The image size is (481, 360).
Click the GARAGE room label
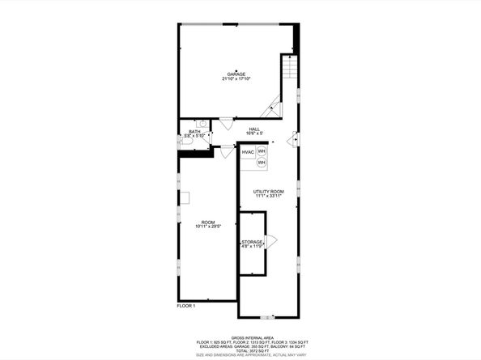coord(236,74)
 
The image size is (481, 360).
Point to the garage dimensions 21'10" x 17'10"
coord(236,79)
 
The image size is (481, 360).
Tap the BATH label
coord(194,131)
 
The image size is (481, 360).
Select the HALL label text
coord(254,129)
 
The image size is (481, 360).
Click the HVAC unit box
coord(248,152)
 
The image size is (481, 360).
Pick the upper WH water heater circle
coord(262,151)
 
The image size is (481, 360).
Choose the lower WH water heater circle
coord(262,163)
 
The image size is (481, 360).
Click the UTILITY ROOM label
coord(268,191)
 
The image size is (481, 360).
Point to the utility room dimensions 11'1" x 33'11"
coord(268,196)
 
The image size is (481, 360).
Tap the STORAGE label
coord(251,242)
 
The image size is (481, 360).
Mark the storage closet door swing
coord(271,240)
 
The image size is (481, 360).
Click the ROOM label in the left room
coord(208,222)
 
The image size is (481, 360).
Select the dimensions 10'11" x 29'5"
coord(208,227)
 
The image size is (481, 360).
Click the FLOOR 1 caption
coord(186,306)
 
